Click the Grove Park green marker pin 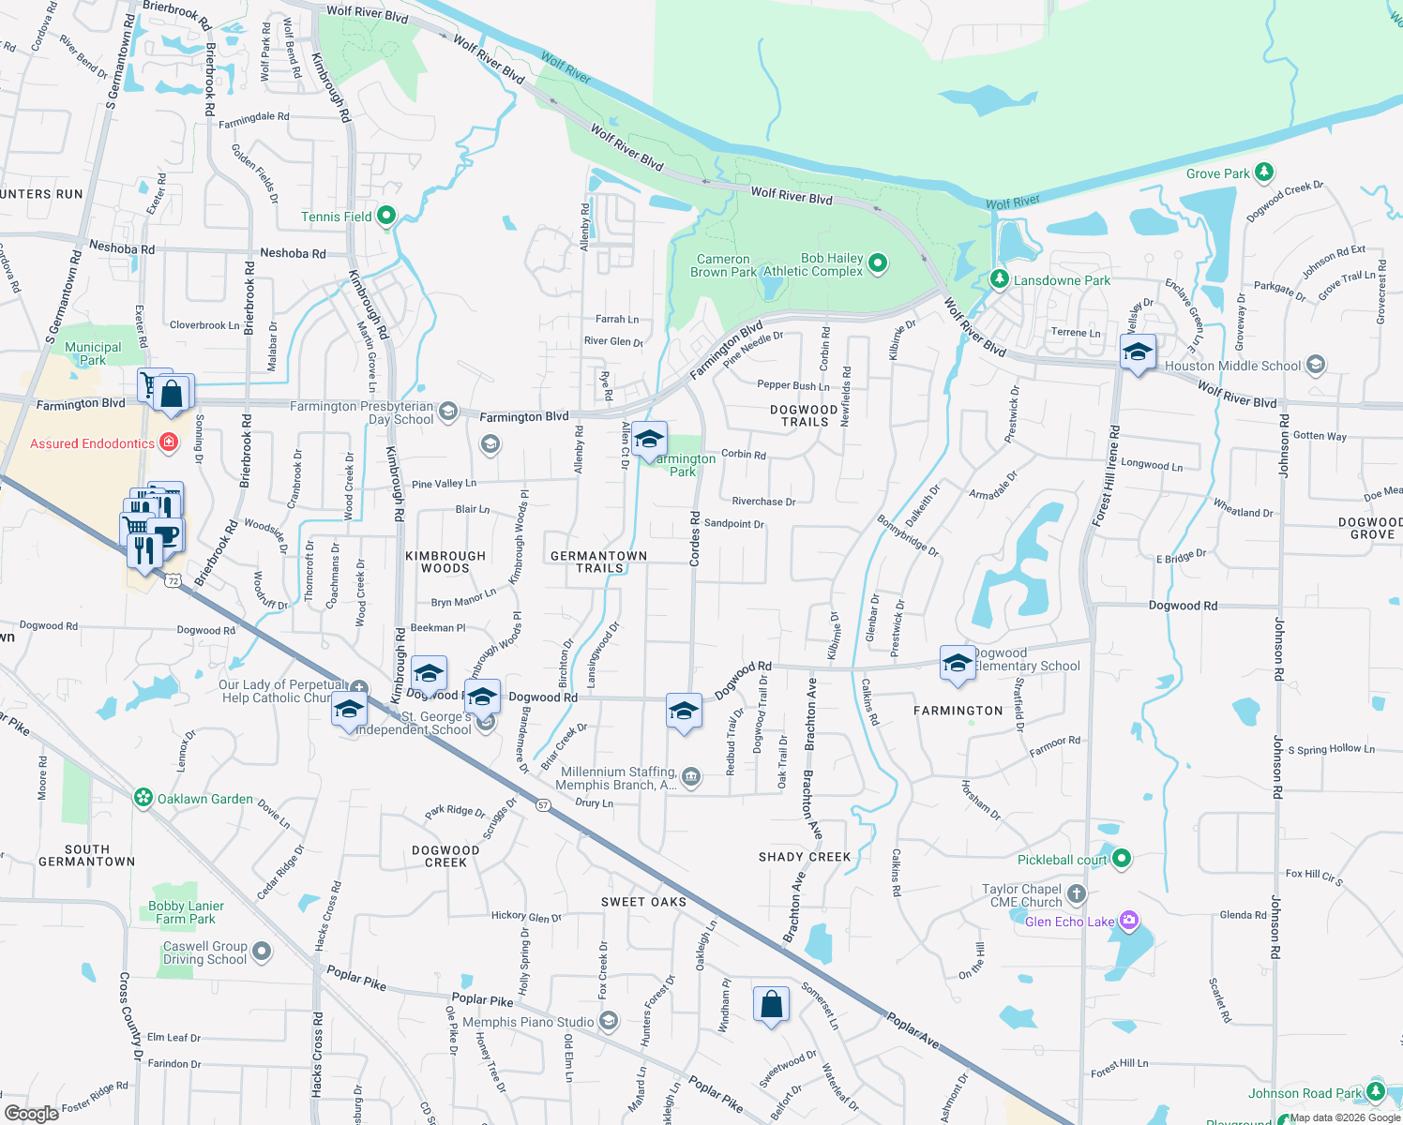pos(1264,172)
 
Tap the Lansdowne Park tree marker pos(1000,279)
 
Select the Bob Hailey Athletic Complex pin pos(878,263)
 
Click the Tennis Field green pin pos(385,216)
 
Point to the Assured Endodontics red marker pos(169,442)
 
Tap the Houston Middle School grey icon pos(1316,365)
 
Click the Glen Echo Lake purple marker pos(1129,921)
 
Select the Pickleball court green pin pos(1122,859)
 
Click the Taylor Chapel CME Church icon pos(1077,894)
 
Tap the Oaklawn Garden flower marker pos(143,798)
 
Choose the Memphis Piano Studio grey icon pos(609,1021)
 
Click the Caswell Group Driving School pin pos(262,952)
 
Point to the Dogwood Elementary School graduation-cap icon pos(957,662)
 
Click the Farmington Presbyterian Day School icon pos(448,412)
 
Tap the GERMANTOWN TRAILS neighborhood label pos(598,562)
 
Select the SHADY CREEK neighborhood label pos(805,857)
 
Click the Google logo pos(32,1113)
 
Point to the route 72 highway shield pos(172,581)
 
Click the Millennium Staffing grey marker pos(691,776)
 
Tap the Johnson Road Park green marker pos(1375,1091)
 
